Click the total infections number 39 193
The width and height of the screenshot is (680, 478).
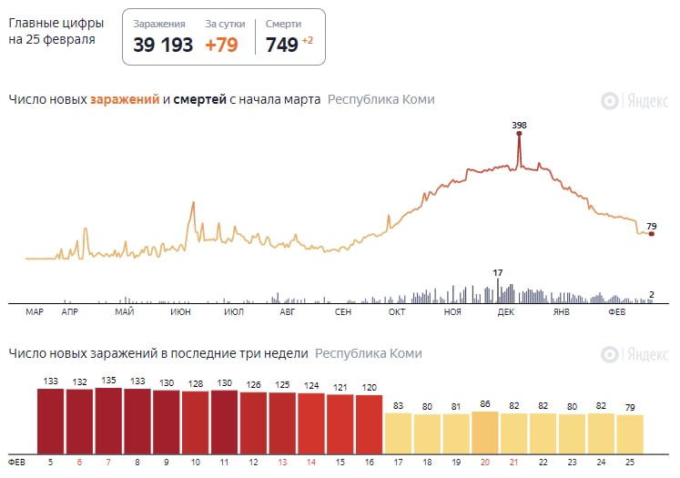163,45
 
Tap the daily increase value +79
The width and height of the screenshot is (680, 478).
221,45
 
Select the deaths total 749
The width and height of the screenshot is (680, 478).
282,45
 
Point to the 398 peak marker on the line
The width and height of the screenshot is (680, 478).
520,134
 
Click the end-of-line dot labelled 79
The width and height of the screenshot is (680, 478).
651,234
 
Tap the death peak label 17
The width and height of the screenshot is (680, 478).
498,272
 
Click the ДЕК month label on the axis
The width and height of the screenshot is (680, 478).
506,312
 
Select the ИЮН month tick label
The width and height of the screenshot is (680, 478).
180,312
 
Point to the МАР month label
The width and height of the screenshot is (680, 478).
35,312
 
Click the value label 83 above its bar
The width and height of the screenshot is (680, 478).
398,406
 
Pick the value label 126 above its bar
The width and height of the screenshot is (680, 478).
253,384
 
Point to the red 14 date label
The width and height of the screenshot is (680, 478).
311,463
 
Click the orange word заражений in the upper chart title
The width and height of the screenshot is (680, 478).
126,99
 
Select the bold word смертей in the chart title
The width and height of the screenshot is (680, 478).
199,99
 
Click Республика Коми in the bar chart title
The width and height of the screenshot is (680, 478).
369,353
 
